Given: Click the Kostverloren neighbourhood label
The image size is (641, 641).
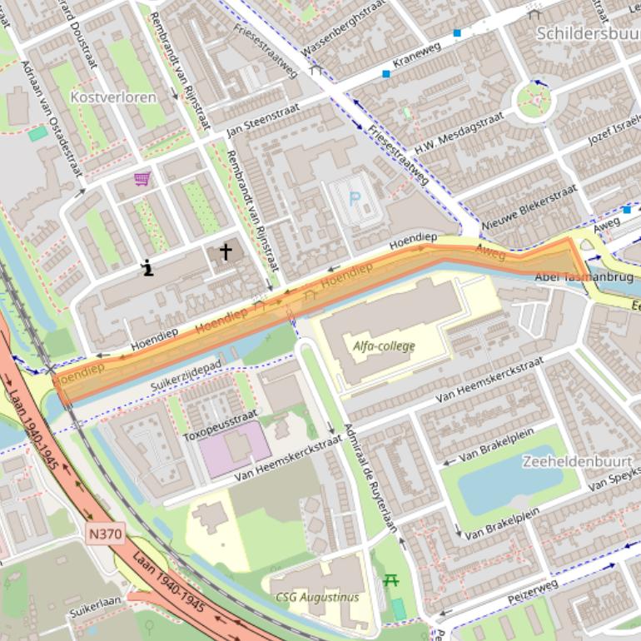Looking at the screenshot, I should pos(113,97).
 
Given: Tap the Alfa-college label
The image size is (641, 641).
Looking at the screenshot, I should pos(384,346).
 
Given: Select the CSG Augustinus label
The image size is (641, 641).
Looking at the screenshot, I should pos(317,597).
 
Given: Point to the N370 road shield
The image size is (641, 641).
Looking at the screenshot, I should pos(102,530).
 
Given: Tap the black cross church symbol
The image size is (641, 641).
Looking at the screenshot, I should pos(225,251).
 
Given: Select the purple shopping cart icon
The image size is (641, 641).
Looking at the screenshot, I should pos(142,178).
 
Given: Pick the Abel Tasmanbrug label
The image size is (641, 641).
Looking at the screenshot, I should pos(584,276).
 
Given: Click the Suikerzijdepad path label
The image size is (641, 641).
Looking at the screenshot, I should pos(187,377).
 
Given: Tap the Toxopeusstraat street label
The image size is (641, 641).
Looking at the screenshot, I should pos(221,425).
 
